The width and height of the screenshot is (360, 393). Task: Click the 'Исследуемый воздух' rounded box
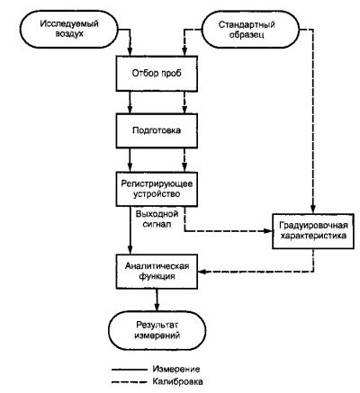click(69, 30)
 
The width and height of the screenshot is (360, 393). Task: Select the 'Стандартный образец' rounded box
click(250, 30)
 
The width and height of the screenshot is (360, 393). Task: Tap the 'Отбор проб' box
click(157, 74)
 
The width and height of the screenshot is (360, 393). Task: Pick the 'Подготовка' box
click(157, 130)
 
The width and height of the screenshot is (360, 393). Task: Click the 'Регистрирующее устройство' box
click(157, 189)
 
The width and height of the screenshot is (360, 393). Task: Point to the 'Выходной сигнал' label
click(157, 219)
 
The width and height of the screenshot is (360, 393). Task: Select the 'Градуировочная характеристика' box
click(313, 231)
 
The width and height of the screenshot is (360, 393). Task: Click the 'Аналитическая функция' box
click(157, 272)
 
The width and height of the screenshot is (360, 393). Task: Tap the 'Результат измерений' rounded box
click(157, 330)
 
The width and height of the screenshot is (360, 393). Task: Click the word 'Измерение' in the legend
click(176, 369)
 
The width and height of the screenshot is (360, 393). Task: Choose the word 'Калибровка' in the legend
click(177, 381)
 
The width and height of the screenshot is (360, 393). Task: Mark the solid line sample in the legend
click(130, 370)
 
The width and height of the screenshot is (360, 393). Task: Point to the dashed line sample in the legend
click(130, 382)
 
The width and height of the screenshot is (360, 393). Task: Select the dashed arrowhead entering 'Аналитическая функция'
click(202, 272)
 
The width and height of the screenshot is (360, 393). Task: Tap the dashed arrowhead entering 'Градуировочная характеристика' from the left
click(267, 231)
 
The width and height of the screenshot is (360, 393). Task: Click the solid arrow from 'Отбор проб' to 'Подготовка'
click(130, 103)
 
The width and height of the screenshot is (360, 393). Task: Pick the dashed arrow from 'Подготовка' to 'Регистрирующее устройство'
click(184, 160)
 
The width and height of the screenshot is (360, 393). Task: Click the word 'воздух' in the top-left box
click(69, 33)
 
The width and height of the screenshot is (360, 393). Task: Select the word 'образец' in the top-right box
click(247, 34)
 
